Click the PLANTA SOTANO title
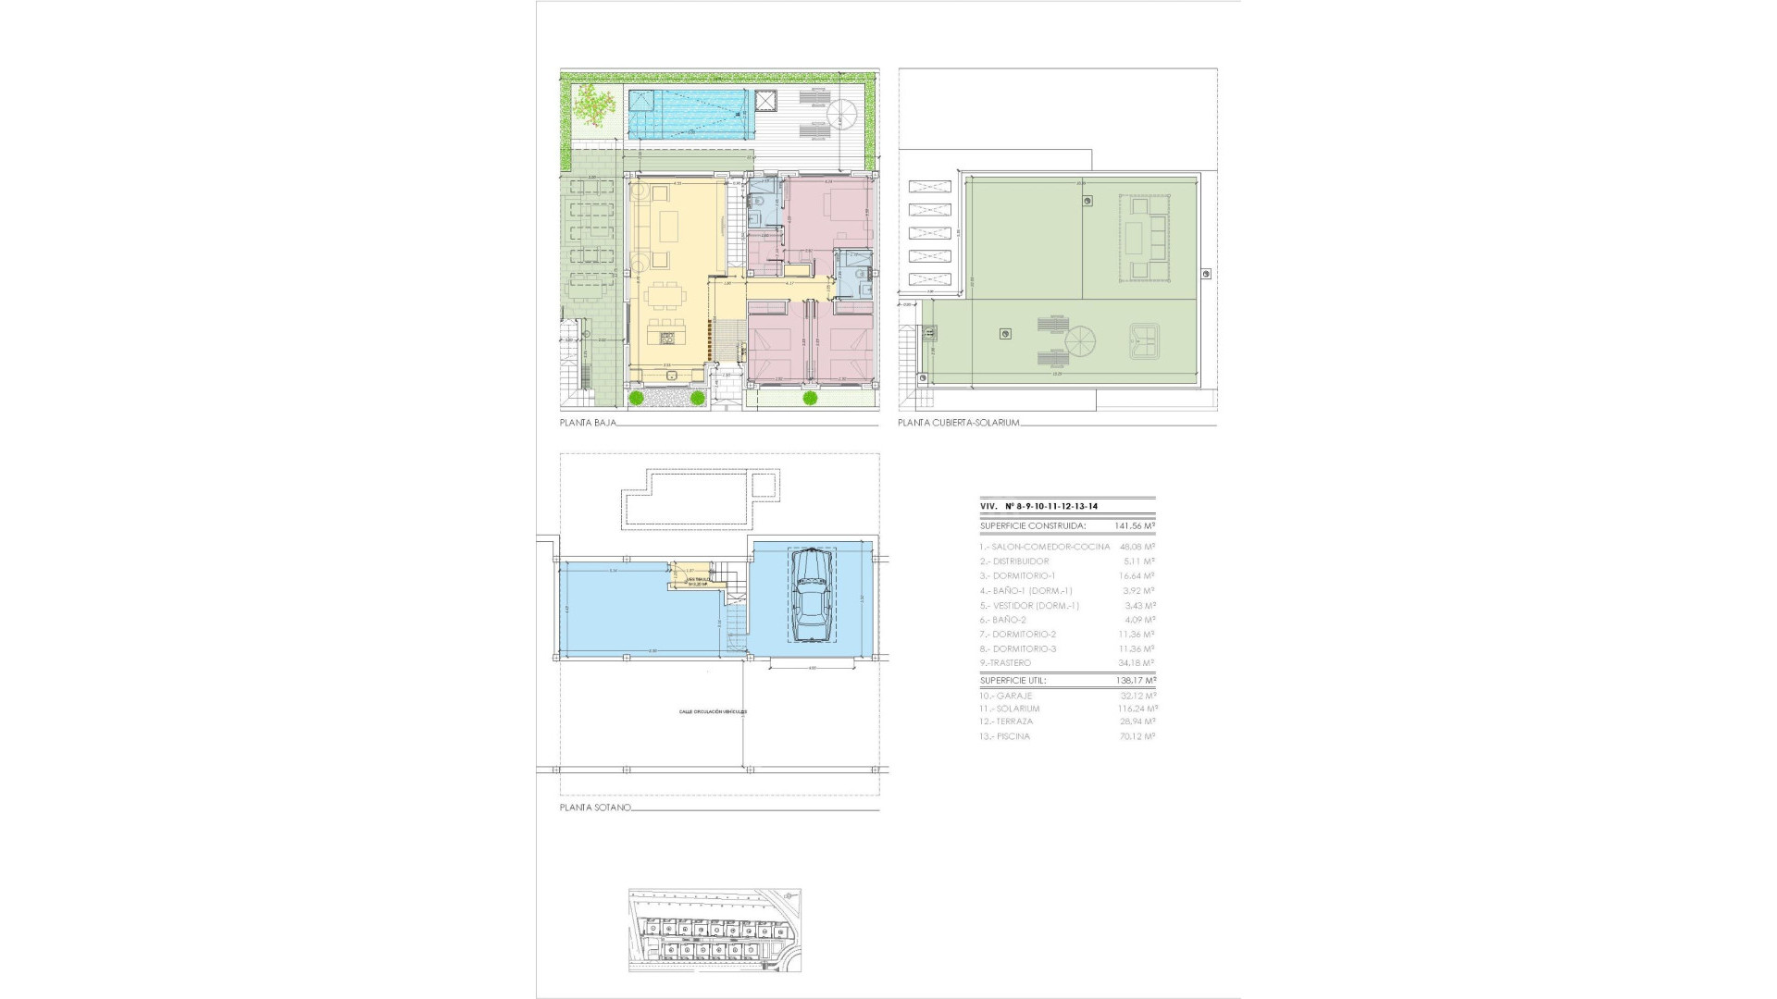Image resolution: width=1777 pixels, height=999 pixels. (x=595, y=808)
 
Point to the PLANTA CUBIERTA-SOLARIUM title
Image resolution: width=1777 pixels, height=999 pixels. (x=958, y=423)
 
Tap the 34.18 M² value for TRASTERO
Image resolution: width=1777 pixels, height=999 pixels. (x=1137, y=663)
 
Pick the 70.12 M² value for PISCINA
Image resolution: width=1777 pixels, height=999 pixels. (x=1137, y=736)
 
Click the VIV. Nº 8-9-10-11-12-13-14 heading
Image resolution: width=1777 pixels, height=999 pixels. (x=1045, y=506)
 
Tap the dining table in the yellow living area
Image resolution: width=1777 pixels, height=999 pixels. (x=667, y=297)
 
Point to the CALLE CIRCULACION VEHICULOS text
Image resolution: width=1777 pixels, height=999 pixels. (x=713, y=712)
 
